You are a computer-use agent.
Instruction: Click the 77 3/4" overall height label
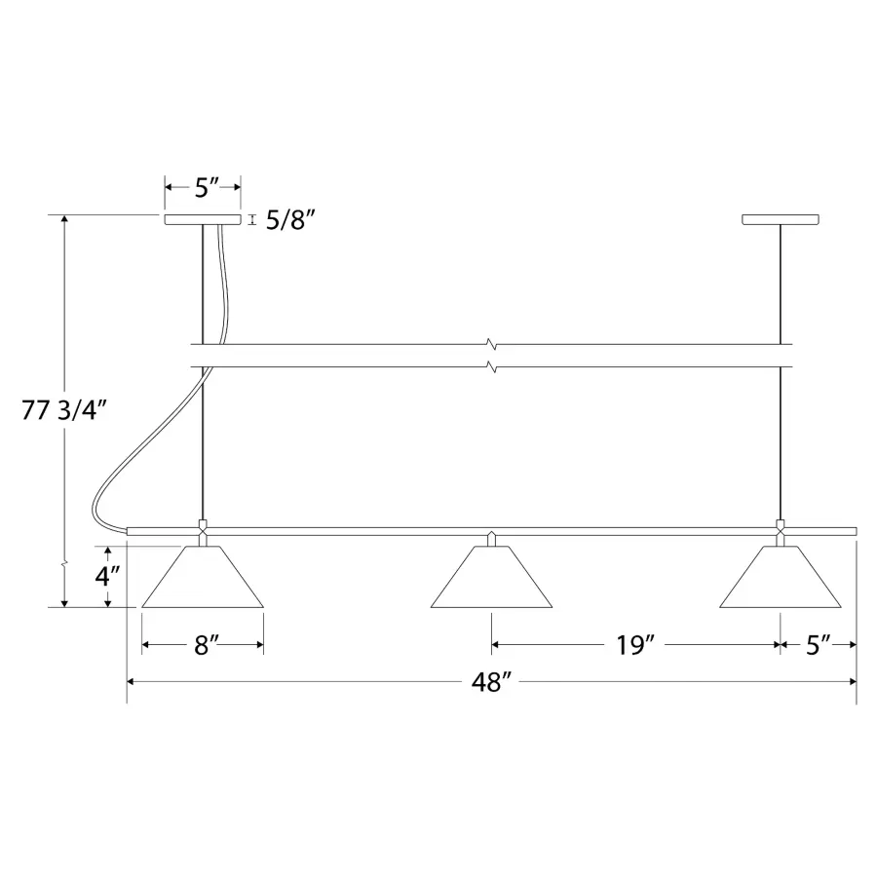[63, 410]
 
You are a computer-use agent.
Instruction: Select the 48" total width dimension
[492, 682]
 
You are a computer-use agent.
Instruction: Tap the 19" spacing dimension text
[634, 645]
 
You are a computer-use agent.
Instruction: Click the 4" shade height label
[107, 576]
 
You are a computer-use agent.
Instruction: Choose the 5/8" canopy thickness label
[286, 220]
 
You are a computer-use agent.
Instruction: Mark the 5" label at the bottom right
[818, 645]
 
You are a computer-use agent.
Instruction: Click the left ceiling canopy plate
[203, 219]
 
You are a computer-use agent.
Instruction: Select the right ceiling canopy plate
[781, 219]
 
